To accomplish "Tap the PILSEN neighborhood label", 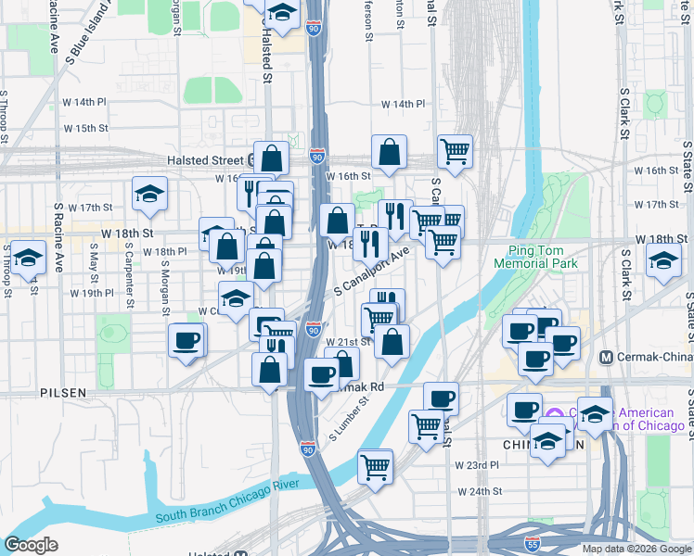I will pyautogui.click(x=63, y=393).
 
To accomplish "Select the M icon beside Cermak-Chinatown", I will pyautogui.click(x=608, y=357).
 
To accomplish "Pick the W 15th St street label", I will pyautogui.click(x=85, y=128).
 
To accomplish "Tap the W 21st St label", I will pyautogui.click(x=348, y=341).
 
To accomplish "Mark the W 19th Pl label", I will pyautogui.click(x=91, y=293).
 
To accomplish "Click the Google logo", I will pyautogui.click(x=32, y=545).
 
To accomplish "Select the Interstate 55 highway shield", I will pyautogui.click(x=532, y=545).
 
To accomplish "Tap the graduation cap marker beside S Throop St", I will pyautogui.click(x=29, y=259).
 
